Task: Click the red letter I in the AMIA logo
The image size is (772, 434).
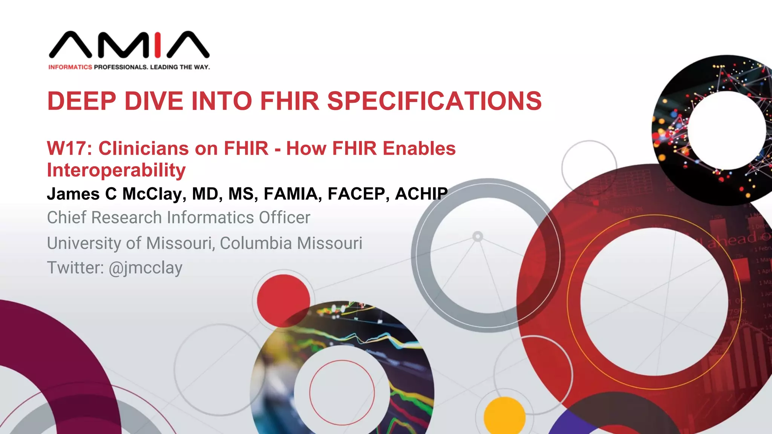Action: pos(158,45)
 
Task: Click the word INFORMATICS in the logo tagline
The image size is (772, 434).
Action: pos(70,67)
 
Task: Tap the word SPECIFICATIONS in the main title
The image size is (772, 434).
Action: pos(434,101)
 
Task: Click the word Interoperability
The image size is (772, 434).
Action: pos(116,170)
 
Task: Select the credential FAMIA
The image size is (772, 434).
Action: pos(293,194)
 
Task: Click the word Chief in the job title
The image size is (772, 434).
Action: pos(67,218)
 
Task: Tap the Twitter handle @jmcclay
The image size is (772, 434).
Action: pos(146,268)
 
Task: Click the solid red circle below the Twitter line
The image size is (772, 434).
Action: pos(283,301)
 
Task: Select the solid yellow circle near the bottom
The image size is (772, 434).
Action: pos(504,416)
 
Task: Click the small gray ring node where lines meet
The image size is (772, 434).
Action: pos(478,237)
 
